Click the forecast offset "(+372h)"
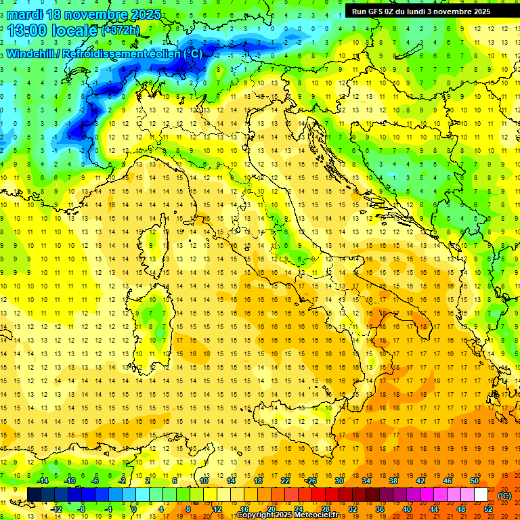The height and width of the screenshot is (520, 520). (121, 30)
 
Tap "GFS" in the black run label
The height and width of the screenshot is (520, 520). (378, 11)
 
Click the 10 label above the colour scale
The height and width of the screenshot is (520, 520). (203, 480)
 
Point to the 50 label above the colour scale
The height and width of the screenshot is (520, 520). (475, 480)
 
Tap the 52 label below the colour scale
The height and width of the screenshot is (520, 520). (488, 509)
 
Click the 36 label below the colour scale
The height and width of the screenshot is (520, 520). (380, 509)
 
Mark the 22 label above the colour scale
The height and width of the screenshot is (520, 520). (285, 480)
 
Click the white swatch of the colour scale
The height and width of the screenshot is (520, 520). (481, 494)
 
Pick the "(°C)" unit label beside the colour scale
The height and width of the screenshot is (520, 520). (504, 495)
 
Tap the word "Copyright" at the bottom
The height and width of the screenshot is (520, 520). (256, 515)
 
